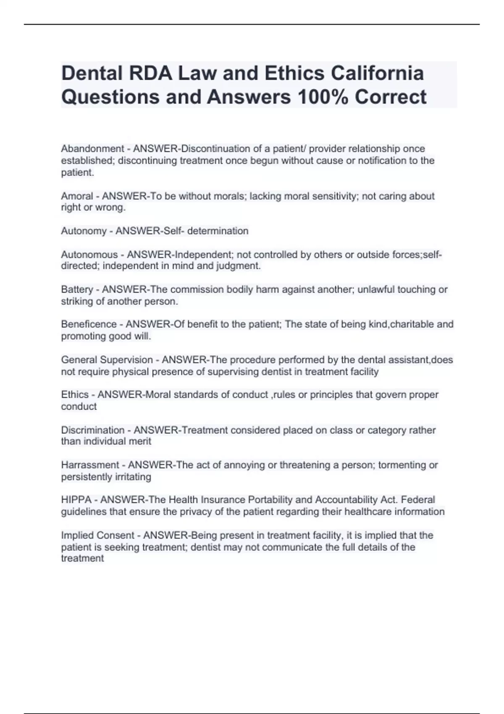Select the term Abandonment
92,149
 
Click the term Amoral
77,196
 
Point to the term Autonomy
84,231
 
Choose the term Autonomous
89,255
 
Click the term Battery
77,289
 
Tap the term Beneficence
89,324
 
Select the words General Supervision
107,360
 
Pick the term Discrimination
92,430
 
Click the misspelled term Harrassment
90,465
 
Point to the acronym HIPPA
76,500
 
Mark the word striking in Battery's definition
76,301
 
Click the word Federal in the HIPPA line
418,500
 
